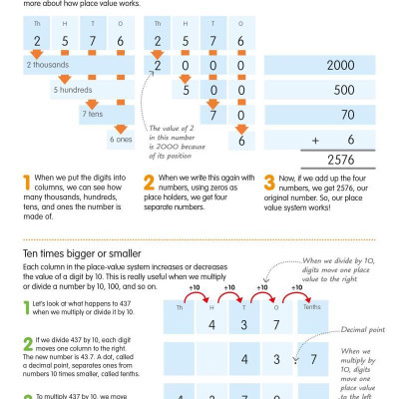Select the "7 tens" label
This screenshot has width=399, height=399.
click(94, 115)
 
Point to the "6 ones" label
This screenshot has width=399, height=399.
click(122, 140)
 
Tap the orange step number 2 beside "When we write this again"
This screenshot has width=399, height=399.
click(149, 186)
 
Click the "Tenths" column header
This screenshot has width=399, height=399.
click(315, 308)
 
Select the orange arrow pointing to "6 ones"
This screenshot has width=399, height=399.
click(118, 127)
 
